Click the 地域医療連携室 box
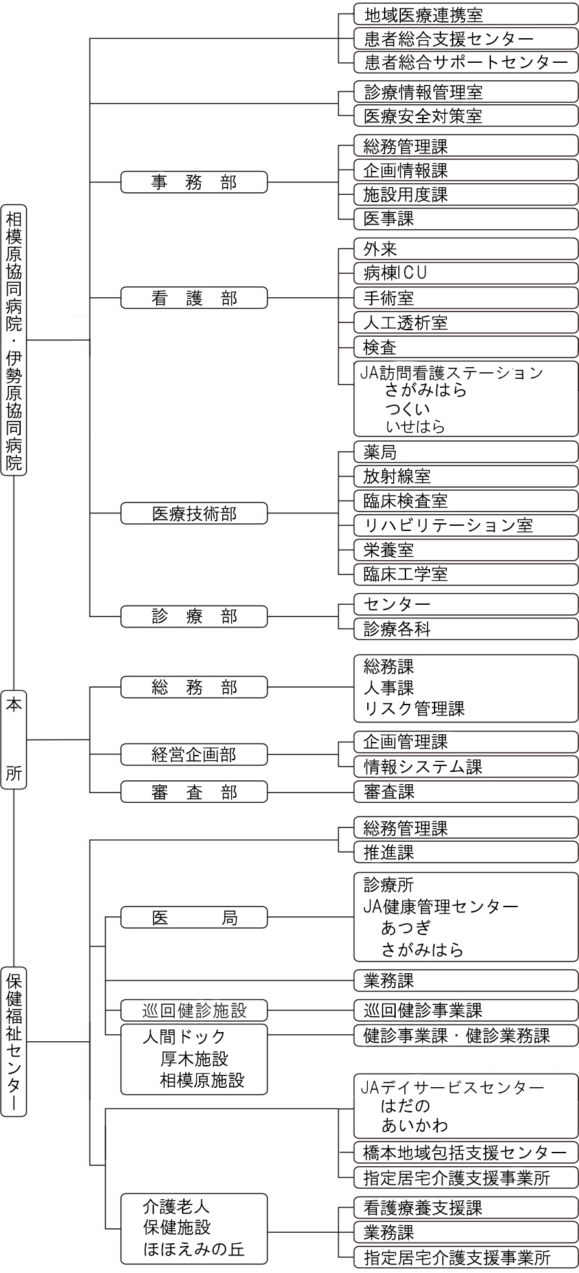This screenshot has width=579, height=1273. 466,14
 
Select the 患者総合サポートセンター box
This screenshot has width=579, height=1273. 466,62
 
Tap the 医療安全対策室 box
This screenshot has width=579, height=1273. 466,116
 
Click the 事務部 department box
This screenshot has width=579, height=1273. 194,182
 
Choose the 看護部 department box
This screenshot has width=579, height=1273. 194,298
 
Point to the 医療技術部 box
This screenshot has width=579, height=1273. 194,513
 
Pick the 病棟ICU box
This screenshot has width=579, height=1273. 466,273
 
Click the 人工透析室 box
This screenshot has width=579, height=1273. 466,322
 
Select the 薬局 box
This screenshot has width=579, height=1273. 466,452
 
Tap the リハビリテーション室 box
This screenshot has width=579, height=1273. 466,525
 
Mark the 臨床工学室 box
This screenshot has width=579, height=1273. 466,574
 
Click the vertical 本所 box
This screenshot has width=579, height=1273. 14,739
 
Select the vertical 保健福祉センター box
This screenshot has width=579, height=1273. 14,1041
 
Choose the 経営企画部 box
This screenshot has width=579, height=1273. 194,754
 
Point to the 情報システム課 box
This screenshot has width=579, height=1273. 466,767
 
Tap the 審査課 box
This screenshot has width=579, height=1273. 466,791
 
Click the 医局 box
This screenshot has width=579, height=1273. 194,918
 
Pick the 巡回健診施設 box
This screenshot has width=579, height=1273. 194,1010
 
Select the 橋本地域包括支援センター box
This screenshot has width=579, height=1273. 466,1153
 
